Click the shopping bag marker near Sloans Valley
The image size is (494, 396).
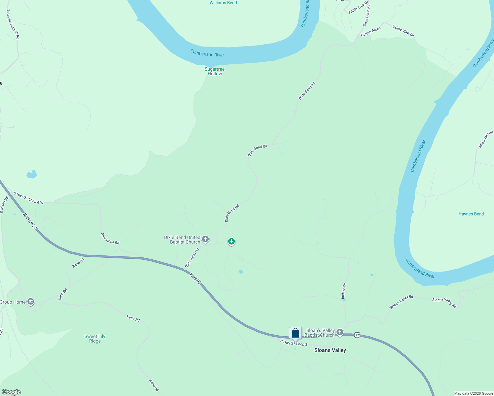295,333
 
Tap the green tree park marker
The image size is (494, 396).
231,242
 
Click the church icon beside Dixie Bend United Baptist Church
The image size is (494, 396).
205,239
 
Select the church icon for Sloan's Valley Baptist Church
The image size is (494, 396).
339,332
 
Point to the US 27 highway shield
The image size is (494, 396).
357,335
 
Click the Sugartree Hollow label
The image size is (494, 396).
215,71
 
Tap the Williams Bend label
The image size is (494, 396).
223,3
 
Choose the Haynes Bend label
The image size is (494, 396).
471,214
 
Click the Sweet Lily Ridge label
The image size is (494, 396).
95,339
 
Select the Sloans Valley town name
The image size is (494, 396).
330,350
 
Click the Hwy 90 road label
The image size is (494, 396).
195,279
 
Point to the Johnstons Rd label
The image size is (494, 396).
110,238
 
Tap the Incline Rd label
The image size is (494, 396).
344,291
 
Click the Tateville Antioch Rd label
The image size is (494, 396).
13,24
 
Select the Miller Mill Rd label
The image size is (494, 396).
486,139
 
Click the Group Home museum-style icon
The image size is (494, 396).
31,302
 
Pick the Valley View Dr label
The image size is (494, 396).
403,30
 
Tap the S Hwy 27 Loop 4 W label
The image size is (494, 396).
28,198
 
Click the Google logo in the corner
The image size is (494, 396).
11,392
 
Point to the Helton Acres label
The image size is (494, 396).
370,32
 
